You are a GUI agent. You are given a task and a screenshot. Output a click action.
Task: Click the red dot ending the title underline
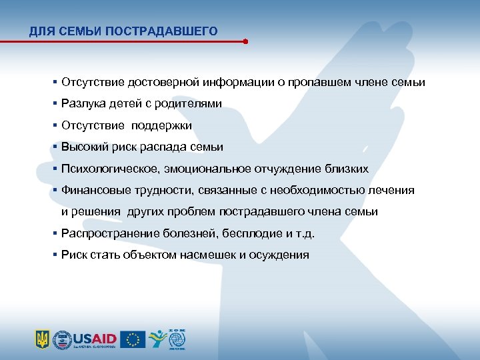click(x=245, y=41)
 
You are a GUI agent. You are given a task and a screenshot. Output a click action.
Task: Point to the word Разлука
click(x=80, y=104)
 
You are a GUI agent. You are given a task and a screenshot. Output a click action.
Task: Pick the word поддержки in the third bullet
click(x=161, y=125)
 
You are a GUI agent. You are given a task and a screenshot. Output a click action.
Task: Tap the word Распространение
click(x=110, y=233)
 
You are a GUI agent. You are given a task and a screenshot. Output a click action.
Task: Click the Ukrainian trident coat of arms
click(x=42, y=339)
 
